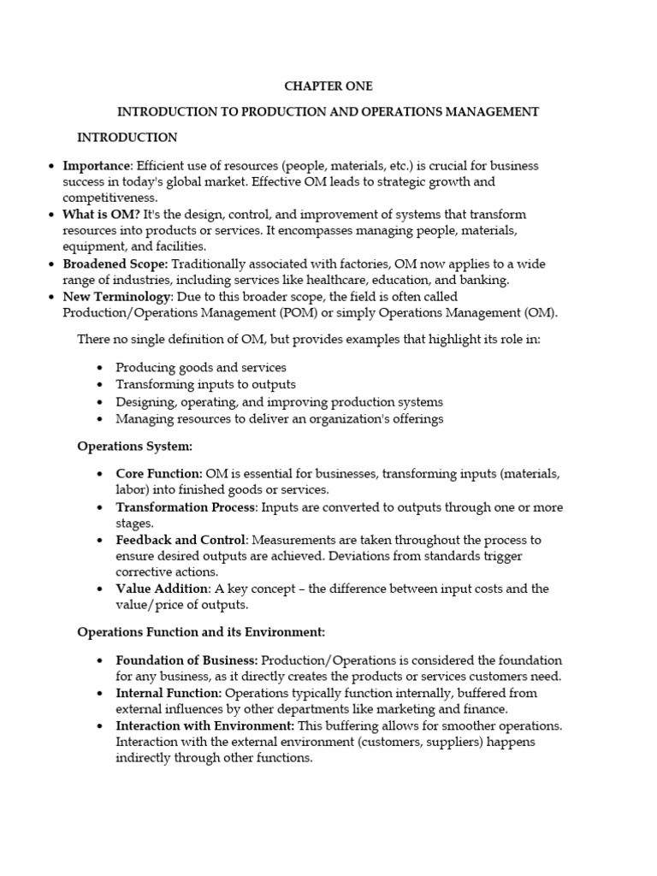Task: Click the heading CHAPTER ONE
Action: (328, 86)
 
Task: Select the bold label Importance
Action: (97, 166)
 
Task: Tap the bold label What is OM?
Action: (101, 215)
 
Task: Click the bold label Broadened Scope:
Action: (115, 264)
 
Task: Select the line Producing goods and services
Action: (201, 368)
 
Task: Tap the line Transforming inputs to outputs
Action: (205, 384)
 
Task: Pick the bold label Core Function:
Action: (159, 474)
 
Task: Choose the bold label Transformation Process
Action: (186, 507)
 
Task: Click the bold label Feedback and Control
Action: (181, 541)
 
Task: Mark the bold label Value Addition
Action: (162, 589)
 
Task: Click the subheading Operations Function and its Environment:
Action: (201, 632)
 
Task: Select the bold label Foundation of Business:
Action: (186, 660)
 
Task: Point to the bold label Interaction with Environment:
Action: (204, 726)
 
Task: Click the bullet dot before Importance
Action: (52, 167)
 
